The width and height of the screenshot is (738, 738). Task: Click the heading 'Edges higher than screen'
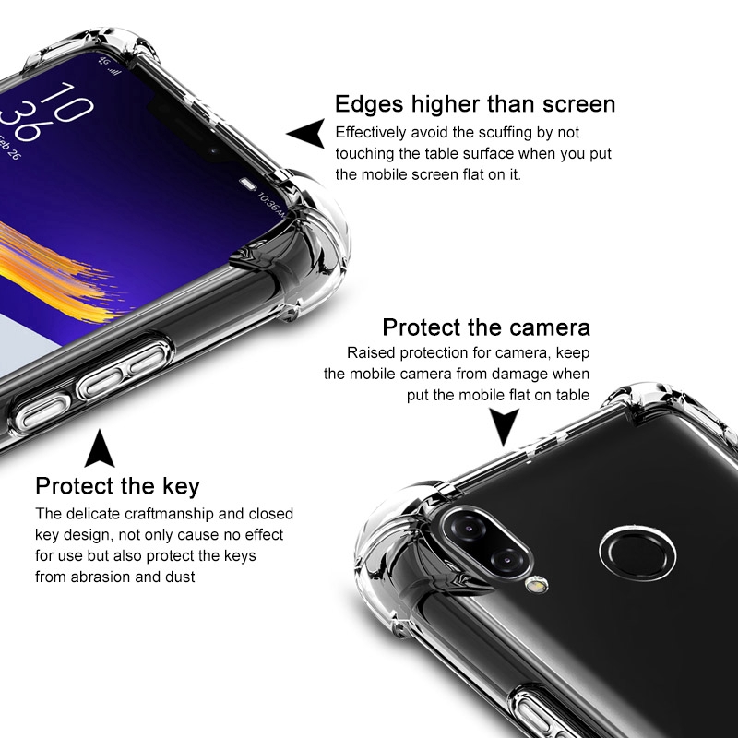(475, 104)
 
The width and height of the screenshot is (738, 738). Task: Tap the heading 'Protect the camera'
(486, 327)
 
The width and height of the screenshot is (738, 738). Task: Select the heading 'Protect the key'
(118, 487)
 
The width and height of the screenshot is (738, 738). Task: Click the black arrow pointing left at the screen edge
(306, 133)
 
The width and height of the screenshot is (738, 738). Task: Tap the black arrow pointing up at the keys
(100, 448)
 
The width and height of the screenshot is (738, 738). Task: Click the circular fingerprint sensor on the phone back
(637, 553)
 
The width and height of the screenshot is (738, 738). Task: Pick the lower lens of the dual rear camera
(507, 560)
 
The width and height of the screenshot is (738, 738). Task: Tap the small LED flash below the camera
(537, 585)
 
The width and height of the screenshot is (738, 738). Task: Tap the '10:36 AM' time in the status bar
(271, 205)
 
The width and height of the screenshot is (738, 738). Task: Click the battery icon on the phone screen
(248, 184)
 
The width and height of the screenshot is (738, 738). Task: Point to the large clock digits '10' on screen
(66, 101)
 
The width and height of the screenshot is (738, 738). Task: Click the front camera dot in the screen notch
(215, 150)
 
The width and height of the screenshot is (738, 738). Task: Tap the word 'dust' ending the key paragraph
(180, 577)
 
